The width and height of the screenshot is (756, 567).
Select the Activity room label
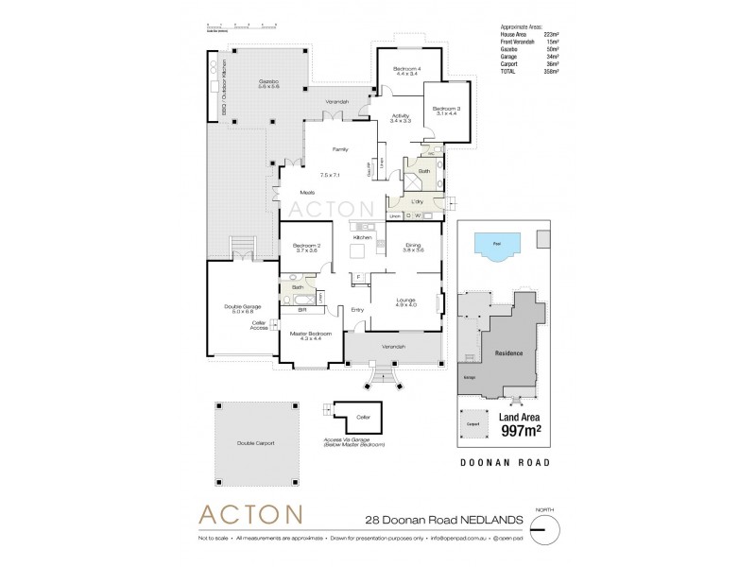pyautogui.click(x=402, y=116)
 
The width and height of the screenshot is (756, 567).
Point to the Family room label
pyautogui.click(x=340, y=149)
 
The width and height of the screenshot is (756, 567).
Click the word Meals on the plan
pyautogui.click(x=307, y=193)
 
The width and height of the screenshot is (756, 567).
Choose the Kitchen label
pyautogui.click(x=363, y=237)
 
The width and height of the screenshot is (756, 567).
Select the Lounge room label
pyautogui.click(x=406, y=299)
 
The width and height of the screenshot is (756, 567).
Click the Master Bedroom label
pyautogui.click(x=311, y=334)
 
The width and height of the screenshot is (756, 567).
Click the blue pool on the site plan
pyautogui.click(x=498, y=249)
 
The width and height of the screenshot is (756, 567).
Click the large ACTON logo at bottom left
pyautogui.click(x=249, y=515)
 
